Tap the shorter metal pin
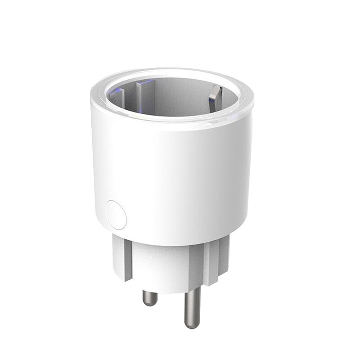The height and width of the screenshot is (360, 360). [150, 297]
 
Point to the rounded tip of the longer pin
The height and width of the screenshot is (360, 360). [191, 325]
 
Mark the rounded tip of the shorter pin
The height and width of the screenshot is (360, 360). [150, 304]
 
